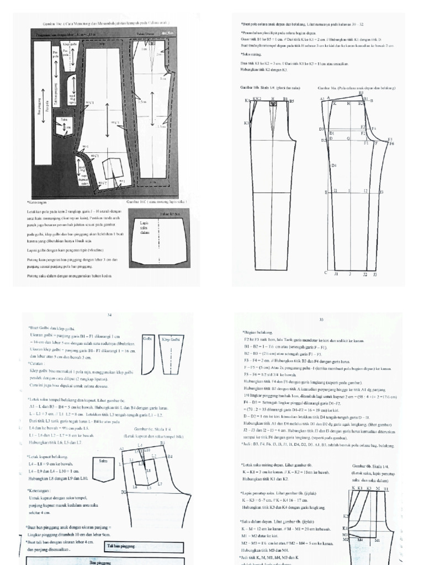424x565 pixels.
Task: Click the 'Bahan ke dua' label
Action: click(168, 214)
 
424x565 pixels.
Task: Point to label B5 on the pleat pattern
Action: click(291, 102)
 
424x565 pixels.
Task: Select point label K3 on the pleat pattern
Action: click(246, 123)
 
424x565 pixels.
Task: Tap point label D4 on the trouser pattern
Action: click(333, 166)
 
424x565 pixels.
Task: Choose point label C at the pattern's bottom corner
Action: click(326, 273)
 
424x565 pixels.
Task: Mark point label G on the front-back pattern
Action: click(348, 139)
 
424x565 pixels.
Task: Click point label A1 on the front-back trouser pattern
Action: click(322, 99)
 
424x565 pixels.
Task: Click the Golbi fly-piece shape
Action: click(148, 355)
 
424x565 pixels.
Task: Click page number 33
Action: click(321, 319)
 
